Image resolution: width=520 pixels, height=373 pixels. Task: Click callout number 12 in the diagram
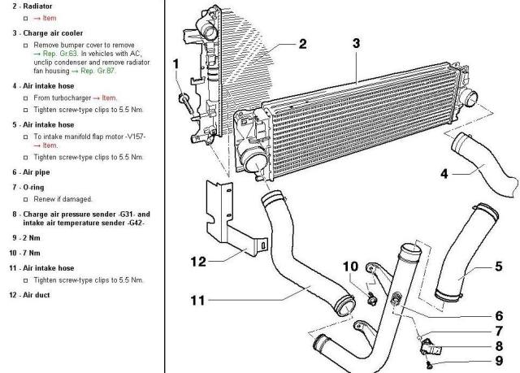point(198,262)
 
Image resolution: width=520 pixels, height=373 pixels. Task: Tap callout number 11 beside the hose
point(198,301)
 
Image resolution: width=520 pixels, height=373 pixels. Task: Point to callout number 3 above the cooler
point(356,43)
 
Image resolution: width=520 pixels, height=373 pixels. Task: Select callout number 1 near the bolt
point(175,64)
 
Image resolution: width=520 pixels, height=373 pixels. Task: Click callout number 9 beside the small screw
point(499,360)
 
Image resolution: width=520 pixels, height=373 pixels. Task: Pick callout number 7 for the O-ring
point(499,331)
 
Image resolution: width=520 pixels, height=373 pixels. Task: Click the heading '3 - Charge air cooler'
point(48,33)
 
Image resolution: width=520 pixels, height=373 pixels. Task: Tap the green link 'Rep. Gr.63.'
point(60,54)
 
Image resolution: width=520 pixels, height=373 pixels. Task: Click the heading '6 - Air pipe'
point(31,172)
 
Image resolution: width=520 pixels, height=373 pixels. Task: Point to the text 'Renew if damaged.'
point(63,199)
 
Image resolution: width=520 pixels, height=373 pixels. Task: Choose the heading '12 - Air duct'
point(29,295)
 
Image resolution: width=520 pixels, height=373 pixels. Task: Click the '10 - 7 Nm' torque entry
point(25,253)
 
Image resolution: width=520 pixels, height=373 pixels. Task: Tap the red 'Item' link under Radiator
point(45,18)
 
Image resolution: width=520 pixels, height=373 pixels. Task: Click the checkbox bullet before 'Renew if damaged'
point(25,200)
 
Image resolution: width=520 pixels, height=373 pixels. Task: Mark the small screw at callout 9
point(430,365)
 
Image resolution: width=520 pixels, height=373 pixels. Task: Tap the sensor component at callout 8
point(431,348)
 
